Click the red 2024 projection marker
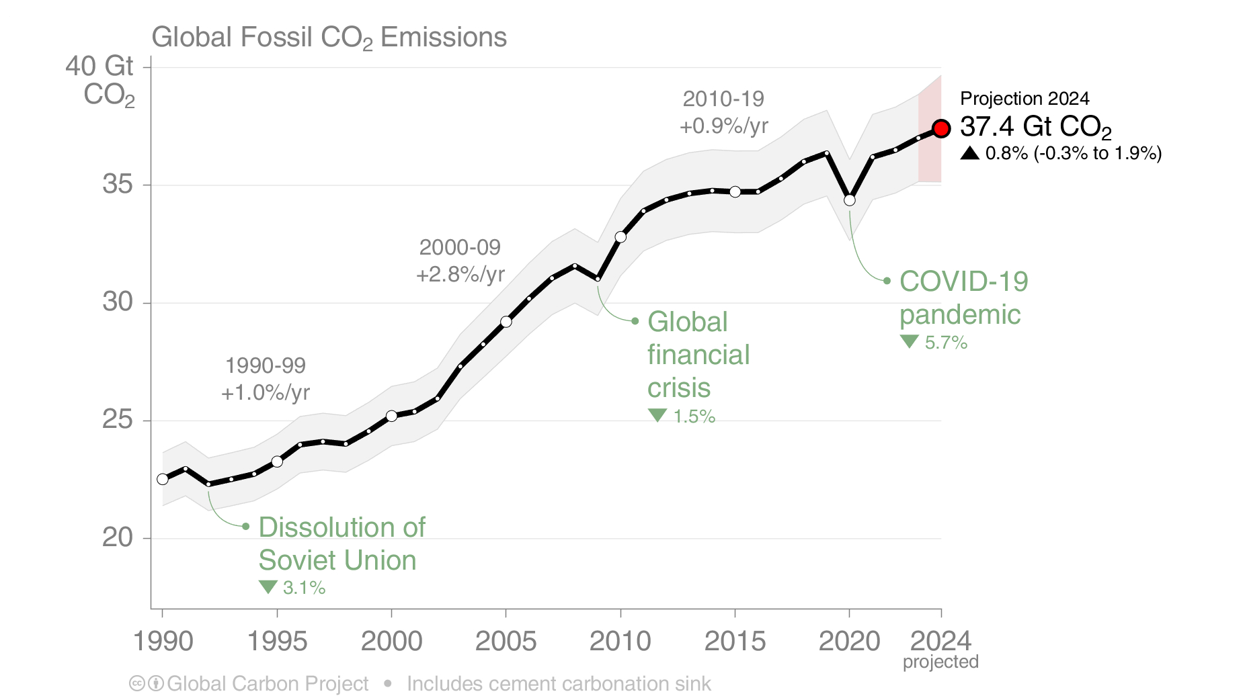(941, 128)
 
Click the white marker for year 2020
(850, 200)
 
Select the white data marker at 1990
(163, 479)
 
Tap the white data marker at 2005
(506, 322)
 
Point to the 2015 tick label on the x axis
(735, 642)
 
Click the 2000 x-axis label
(391, 642)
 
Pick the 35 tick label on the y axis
(118, 184)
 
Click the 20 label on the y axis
(118, 537)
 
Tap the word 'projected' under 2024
(940, 662)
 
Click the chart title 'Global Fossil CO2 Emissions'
(329, 38)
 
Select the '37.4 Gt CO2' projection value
(1035, 126)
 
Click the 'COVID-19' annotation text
(963, 281)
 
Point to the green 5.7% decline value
(946, 343)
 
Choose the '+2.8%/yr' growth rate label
(460, 275)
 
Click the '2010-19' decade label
(723, 99)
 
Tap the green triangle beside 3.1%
(268, 586)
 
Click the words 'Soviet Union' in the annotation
(337, 560)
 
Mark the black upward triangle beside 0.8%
(969, 153)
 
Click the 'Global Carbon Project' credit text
(268, 684)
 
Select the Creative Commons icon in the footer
(137, 684)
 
